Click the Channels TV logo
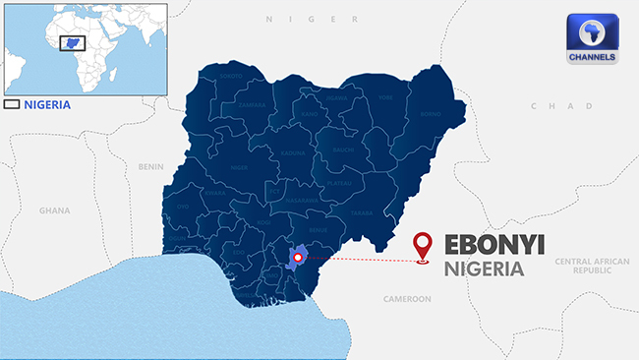[x=593, y=40]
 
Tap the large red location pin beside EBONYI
[x=424, y=247]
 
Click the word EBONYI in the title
[x=494, y=245]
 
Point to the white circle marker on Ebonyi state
[x=298, y=258]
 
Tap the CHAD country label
[x=549, y=105]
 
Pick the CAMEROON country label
[x=407, y=298]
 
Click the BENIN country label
[x=151, y=166]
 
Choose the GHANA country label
[x=54, y=210]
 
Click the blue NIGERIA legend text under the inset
[x=47, y=103]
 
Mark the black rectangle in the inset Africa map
[x=72, y=43]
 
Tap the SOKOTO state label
[x=231, y=76]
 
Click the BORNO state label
[x=402, y=114]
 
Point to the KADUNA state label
[x=293, y=153]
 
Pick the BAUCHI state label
[x=342, y=150]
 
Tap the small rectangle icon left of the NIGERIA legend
[x=12, y=103]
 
